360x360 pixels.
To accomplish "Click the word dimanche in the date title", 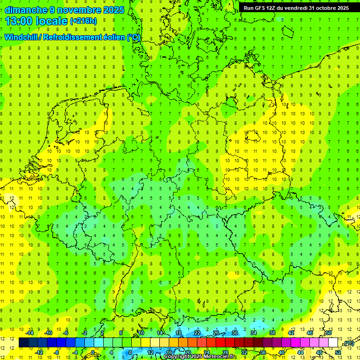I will click(24, 10).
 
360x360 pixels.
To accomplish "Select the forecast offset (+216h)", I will click(83, 21).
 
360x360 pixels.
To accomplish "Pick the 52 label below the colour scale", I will click(338, 352).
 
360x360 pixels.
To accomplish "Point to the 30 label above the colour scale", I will click(235, 333).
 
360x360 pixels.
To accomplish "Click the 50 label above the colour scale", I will click(329, 333).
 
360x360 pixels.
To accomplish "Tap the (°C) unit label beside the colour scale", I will click(348, 343).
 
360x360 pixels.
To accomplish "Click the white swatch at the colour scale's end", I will click(333, 343).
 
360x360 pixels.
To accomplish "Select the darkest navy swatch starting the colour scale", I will click(23, 343).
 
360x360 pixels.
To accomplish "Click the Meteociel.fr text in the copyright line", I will click(220, 357).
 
